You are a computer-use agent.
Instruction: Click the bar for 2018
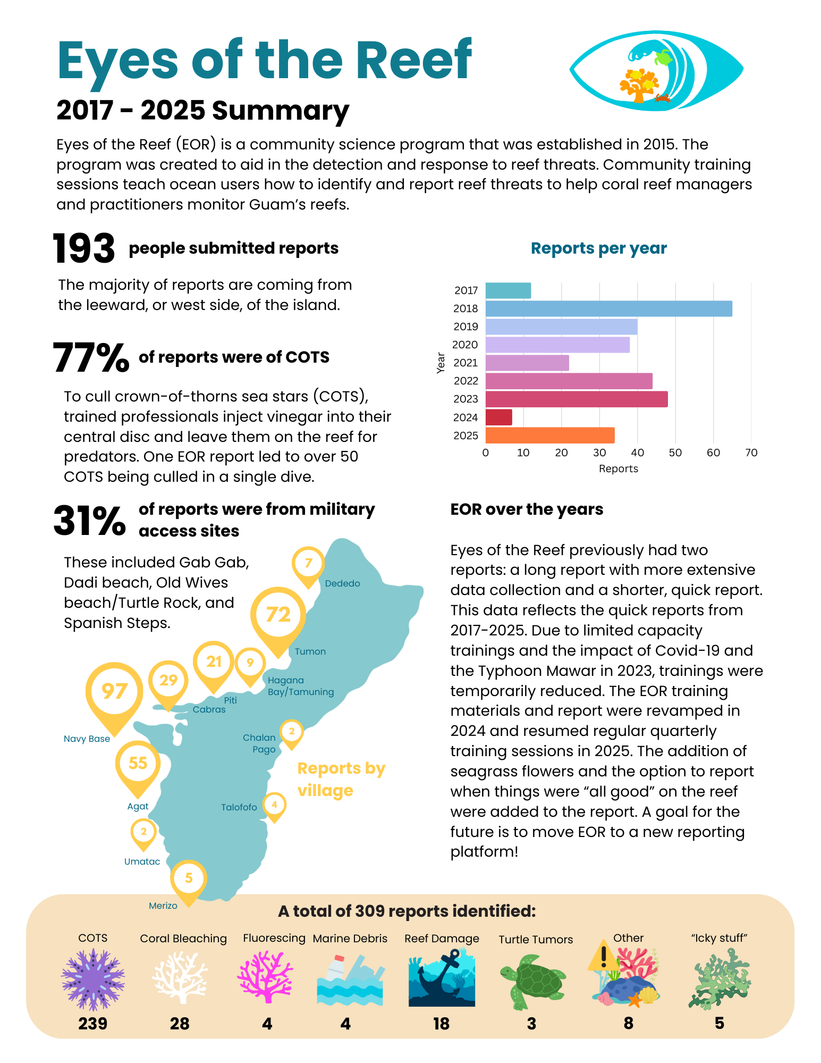click(608, 308)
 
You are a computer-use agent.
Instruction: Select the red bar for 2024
click(498, 417)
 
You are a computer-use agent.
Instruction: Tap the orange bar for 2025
click(549, 436)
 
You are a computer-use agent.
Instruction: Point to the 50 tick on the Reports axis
click(675, 453)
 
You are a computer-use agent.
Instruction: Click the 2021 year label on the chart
click(465, 363)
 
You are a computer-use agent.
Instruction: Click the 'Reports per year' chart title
click(598, 248)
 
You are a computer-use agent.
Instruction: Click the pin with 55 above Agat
click(138, 764)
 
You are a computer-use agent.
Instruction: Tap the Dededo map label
click(342, 583)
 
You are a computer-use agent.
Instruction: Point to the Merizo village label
click(163, 906)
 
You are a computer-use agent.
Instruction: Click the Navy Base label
click(87, 739)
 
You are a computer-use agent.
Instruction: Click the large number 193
click(83, 249)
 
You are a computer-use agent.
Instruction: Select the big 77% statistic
click(91, 357)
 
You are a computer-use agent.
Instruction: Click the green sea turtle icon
click(533, 980)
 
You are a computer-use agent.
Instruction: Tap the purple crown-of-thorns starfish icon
click(93, 979)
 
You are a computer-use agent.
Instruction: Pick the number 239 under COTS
click(92, 1024)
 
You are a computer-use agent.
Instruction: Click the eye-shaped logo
click(656, 71)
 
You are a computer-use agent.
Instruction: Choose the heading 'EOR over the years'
click(527, 509)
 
